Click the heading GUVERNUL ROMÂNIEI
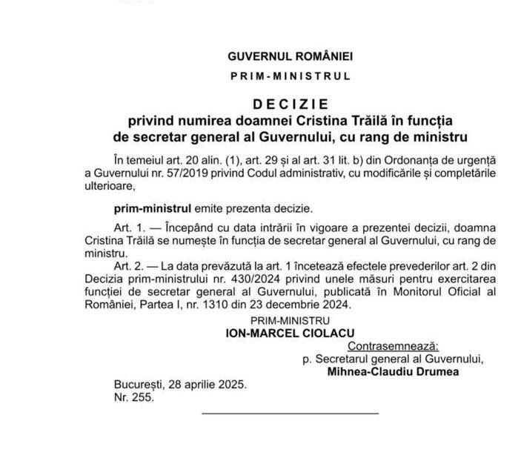coord(291,56)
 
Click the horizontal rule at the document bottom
coord(290,413)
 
